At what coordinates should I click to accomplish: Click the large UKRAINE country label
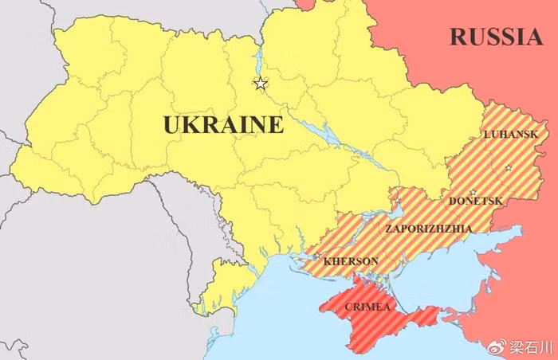point(222,125)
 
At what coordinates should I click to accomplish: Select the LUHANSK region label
point(510,134)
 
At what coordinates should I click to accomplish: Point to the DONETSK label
point(476,202)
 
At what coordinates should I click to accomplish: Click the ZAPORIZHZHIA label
point(428,229)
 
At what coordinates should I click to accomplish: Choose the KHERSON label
point(351,260)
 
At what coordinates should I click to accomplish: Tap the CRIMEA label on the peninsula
point(367,307)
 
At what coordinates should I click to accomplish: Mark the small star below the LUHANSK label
point(508,167)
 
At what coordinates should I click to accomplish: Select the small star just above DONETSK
point(473,191)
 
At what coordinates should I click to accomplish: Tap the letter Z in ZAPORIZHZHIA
point(388,229)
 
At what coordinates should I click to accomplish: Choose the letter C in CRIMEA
point(348,307)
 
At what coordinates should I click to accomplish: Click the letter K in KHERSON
point(327,260)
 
